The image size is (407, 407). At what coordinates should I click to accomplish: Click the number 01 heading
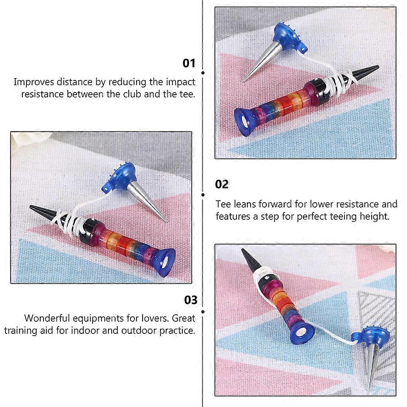tap(189, 63)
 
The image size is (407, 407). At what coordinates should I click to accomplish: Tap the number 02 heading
tap(222, 184)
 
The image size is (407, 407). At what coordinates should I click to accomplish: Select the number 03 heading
tap(191, 300)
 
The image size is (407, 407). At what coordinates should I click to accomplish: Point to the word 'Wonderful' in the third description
tap(47, 318)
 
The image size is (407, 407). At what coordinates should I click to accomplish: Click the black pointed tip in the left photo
tap(42, 210)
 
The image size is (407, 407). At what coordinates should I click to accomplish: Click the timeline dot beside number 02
tap(203, 195)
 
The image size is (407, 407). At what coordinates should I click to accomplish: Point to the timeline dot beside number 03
tap(203, 312)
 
